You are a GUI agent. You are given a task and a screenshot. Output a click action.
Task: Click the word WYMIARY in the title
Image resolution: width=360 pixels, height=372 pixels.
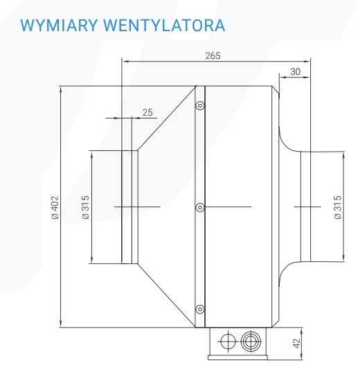click(59, 25)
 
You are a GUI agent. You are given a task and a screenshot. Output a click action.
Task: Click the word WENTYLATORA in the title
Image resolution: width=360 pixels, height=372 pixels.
click(164, 25)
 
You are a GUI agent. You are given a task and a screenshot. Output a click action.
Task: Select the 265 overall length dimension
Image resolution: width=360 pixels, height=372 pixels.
click(213, 55)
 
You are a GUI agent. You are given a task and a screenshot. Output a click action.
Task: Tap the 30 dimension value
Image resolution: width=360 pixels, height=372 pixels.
click(295, 71)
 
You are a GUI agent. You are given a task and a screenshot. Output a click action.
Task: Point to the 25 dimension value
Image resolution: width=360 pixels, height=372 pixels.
click(147, 112)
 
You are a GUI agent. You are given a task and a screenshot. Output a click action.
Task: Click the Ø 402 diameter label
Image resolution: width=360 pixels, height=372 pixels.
click(55, 207)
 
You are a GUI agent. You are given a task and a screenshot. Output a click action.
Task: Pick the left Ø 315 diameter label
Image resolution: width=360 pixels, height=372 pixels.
click(85, 207)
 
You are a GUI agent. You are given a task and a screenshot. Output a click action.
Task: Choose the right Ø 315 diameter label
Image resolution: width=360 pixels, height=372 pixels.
click(337, 207)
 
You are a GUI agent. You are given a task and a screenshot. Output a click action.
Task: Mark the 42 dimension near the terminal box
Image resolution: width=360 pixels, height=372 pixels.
click(296, 344)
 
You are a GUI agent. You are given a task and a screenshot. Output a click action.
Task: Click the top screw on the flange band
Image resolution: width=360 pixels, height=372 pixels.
click(200, 105)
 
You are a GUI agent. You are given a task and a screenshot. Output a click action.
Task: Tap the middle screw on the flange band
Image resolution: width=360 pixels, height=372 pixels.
click(200, 207)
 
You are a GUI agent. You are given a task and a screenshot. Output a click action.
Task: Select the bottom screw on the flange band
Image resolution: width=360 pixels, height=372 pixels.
click(200, 309)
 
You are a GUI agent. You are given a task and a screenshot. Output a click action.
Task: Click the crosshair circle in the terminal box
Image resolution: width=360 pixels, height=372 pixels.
click(228, 342)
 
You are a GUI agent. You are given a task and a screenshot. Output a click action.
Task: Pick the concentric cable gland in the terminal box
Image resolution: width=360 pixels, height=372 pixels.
click(251, 342)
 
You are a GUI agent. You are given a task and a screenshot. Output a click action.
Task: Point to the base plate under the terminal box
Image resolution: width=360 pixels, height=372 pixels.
click(237, 357)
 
